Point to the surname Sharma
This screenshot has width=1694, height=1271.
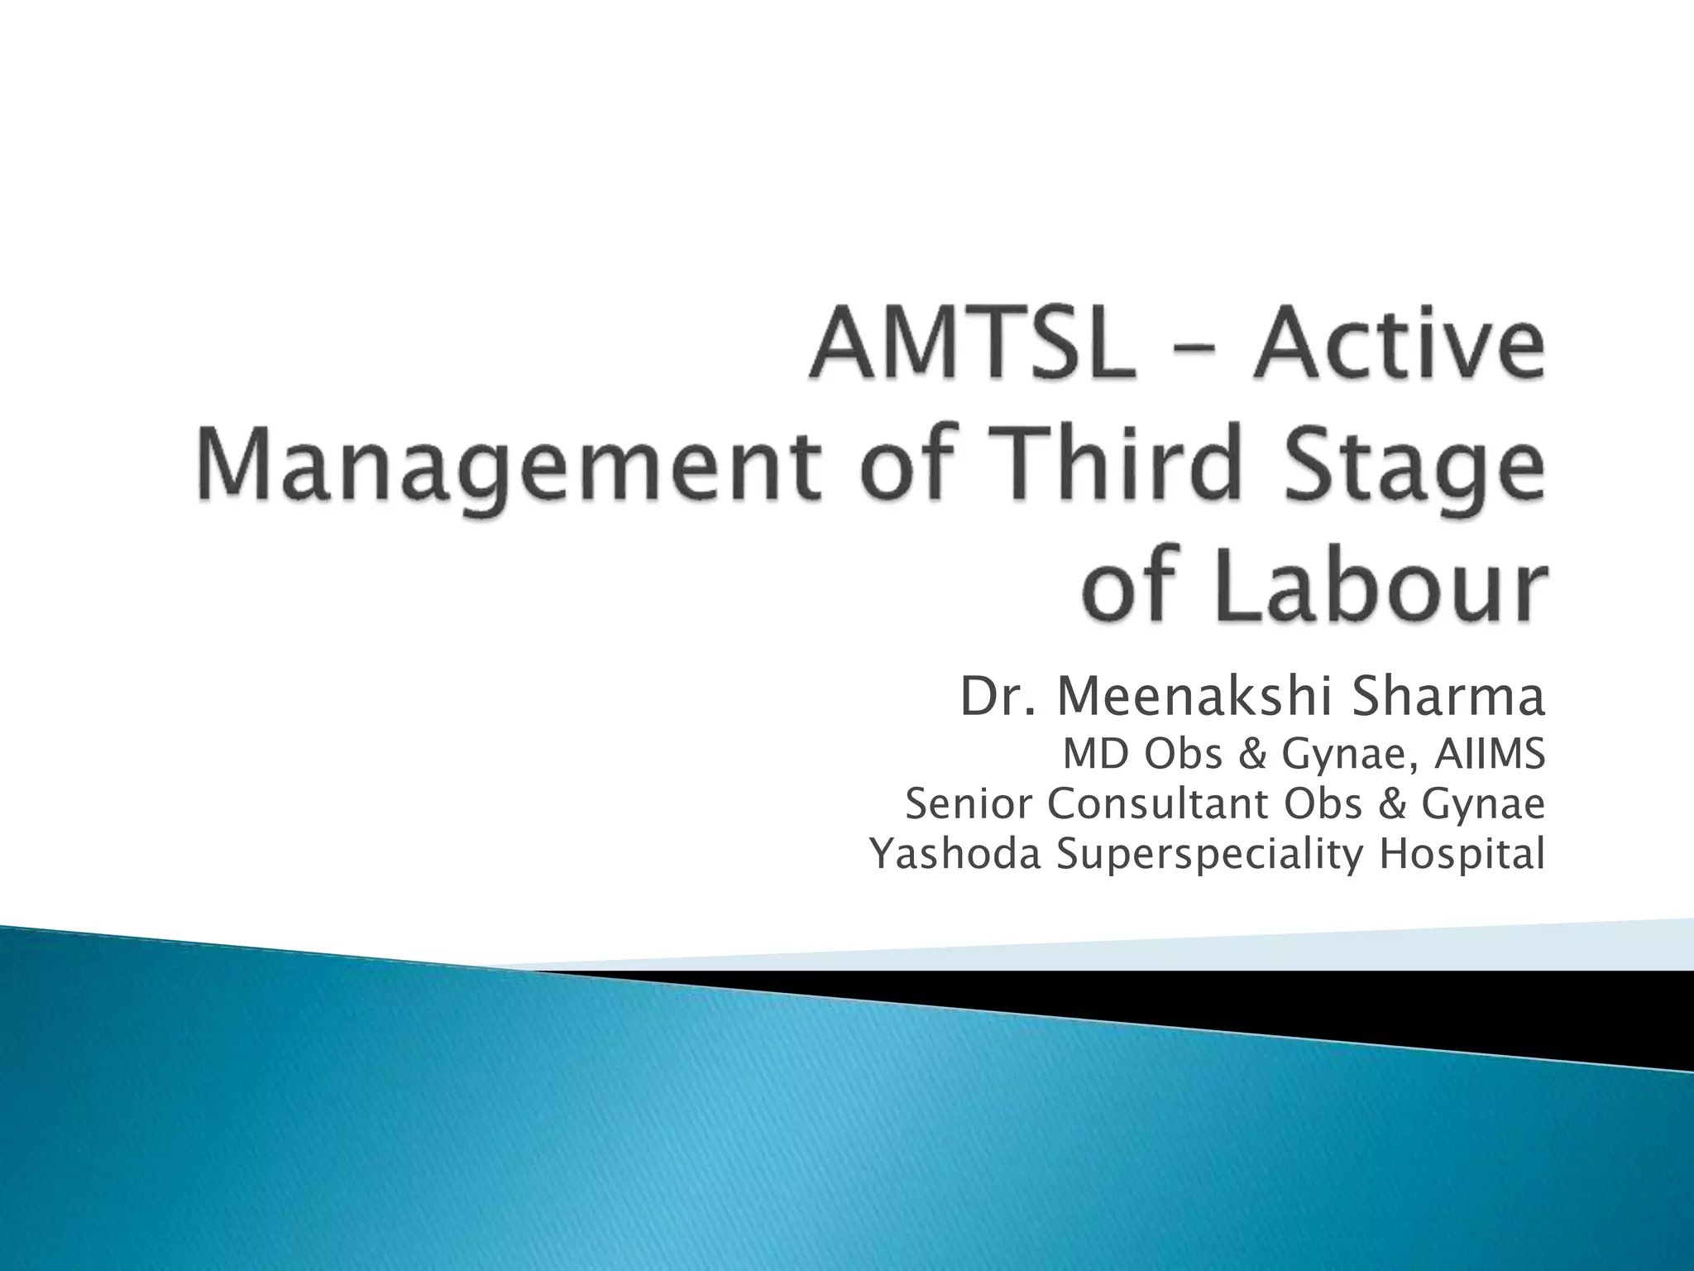[1448, 698]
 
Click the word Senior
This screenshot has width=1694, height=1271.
[970, 804]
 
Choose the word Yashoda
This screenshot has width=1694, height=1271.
[956, 855]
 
